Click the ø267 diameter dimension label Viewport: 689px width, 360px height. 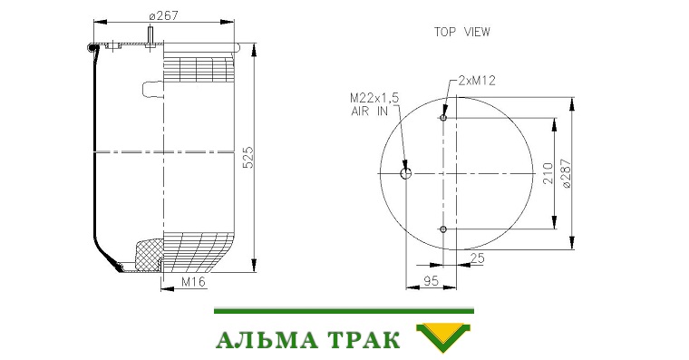(x=163, y=15)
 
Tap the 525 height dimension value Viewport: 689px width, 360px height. (x=248, y=158)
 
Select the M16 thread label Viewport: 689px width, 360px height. (x=193, y=282)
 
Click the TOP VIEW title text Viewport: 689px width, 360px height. (x=461, y=32)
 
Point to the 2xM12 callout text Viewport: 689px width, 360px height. (x=477, y=81)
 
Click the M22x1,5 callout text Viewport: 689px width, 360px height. (x=374, y=98)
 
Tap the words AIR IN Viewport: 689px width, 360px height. (x=370, y=112)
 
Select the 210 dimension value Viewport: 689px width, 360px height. (x=548, y=173)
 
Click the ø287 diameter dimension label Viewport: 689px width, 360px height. (x=567, y=173)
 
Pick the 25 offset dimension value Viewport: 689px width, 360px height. (x=477, y=258)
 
